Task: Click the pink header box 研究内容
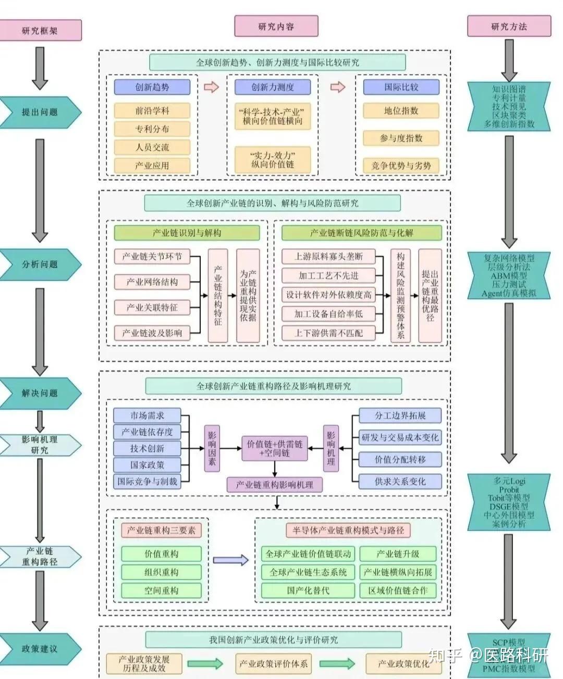276,27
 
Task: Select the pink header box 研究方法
508,27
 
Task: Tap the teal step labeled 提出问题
40,112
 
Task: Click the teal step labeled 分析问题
40,264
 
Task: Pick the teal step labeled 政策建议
40,649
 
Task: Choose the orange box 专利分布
152,129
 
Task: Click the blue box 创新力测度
273,87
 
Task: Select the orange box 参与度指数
401,138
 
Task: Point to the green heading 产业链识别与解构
187,233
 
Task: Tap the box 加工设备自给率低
328,313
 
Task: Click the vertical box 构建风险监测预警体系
400,295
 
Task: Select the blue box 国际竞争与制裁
147,482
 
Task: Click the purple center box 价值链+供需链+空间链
275,449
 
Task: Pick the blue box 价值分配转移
400,459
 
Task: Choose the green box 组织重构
161,572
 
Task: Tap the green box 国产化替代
308,590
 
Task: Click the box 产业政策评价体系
273,663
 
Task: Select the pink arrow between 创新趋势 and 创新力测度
211,87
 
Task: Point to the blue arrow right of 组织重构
231,560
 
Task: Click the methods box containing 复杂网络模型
508,275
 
